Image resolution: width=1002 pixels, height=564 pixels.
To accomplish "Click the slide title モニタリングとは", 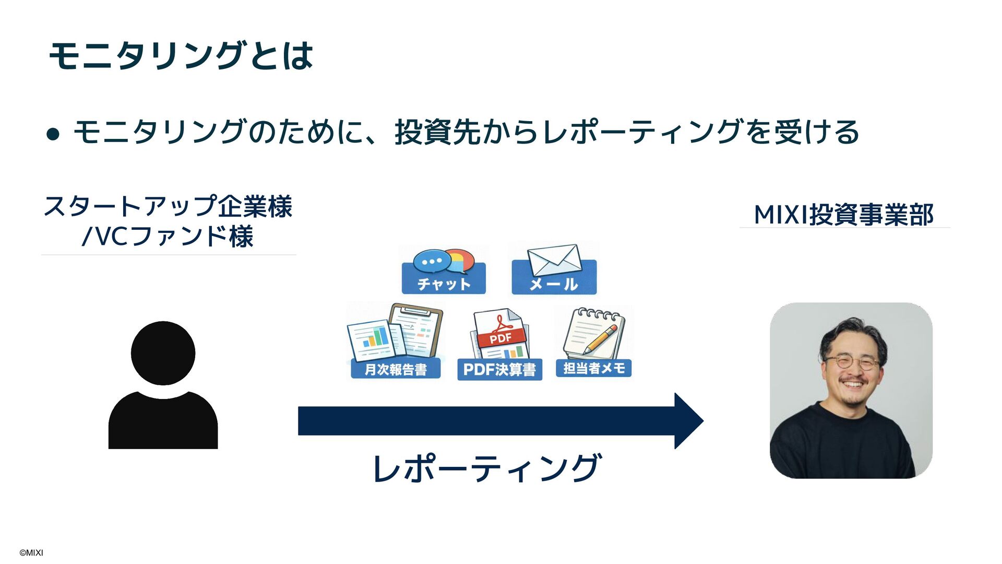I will click(181, 55).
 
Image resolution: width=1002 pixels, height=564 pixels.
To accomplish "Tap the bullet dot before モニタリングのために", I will click(53, 134).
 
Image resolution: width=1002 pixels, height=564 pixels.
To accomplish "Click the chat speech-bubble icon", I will click(443, 261).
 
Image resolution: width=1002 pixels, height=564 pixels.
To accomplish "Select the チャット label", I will click(444, 284).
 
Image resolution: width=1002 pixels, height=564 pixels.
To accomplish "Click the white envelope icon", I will click(554, 259).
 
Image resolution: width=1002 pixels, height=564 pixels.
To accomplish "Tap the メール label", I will click(554, 284).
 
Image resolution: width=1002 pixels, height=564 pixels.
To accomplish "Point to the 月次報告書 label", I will click(396, 369).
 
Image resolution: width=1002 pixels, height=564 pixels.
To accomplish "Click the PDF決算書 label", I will click(499, 370).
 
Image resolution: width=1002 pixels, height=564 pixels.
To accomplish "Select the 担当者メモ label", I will click(594, 368).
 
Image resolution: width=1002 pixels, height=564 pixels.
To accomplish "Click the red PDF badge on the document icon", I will click(500, 338).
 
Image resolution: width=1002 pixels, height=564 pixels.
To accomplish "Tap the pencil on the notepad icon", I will click(601, 338).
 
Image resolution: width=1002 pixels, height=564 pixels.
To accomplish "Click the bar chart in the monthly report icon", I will click(376, 337).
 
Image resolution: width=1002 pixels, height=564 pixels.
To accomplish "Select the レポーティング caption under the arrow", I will click(487, 468).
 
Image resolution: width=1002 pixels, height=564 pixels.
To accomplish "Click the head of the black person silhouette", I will click(163, 353).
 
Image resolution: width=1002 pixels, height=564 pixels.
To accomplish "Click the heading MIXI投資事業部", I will click(843, 215).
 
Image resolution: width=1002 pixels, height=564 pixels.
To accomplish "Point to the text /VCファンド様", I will click(168, 236).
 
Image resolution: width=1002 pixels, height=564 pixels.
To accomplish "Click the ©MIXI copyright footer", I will click(31, 553).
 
